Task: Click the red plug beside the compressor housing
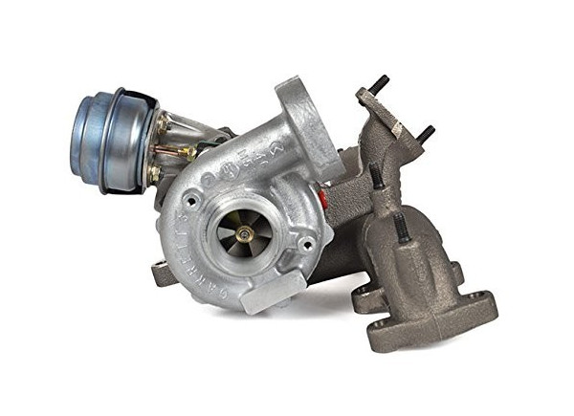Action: [x=323, y=198]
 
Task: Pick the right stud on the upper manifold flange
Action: [x=426, y=131]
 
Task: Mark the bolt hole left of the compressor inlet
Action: [x=194, y=201]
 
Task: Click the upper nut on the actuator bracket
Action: [x=162, y=123]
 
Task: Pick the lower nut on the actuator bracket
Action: [x=153, y=173]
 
